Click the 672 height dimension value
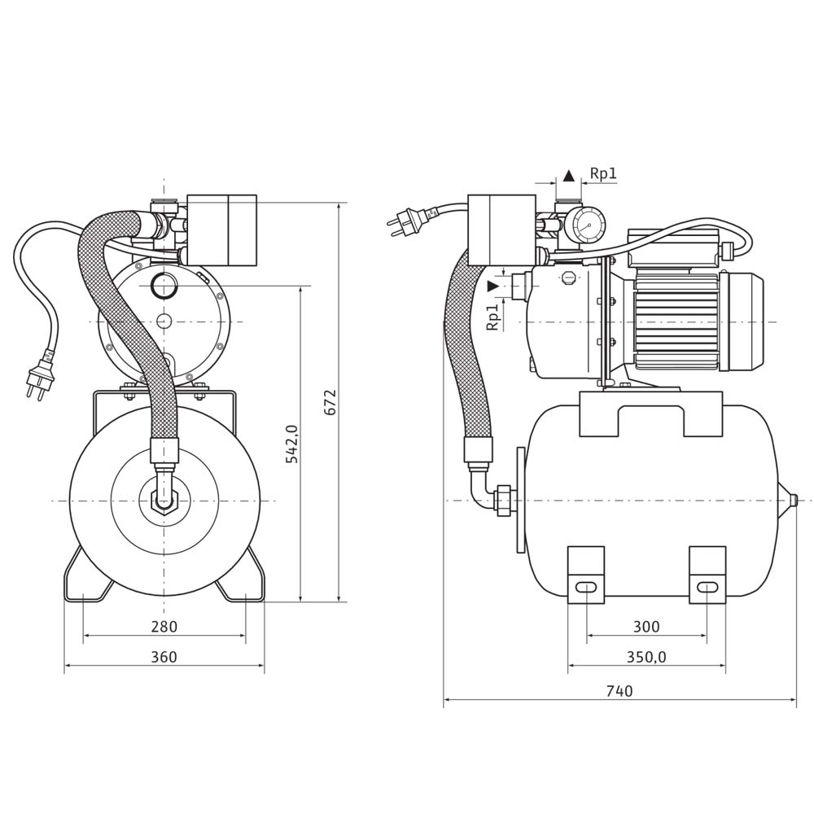[330, 402]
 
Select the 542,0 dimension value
[291, 444]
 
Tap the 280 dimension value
[164, 627]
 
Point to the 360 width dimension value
[164, 657]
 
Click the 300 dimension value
[646, 627]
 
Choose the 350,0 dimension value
[646, 657]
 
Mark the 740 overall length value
[619, 691]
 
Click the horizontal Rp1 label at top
[603, 173]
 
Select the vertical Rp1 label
[492, 317]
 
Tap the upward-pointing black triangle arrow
[568, 175]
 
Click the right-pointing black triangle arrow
[492, 286]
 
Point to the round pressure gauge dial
[589, 225]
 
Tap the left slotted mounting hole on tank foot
[585, 587]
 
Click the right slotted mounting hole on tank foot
[707, 587]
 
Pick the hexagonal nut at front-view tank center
[164, 500]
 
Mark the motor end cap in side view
[746, 321]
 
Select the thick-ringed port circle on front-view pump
[164, 285]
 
